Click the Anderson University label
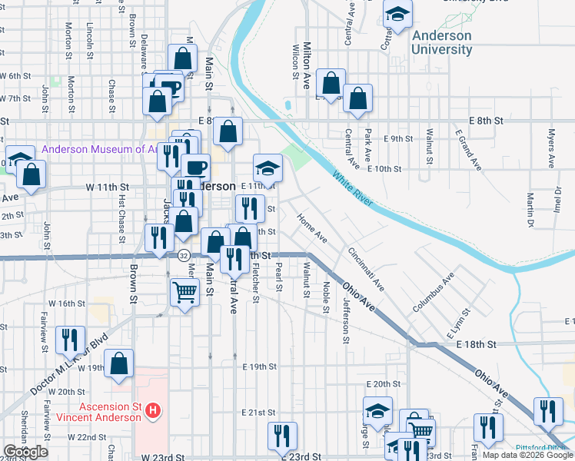pos(441,42)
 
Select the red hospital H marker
pos(154,411)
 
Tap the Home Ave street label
pos(312,229)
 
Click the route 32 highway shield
pos(183,255)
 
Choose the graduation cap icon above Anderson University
pos(397,15)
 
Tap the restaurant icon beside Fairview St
pos(70,339)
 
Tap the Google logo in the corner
pos(25,453)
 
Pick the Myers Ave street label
pos(551,149)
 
